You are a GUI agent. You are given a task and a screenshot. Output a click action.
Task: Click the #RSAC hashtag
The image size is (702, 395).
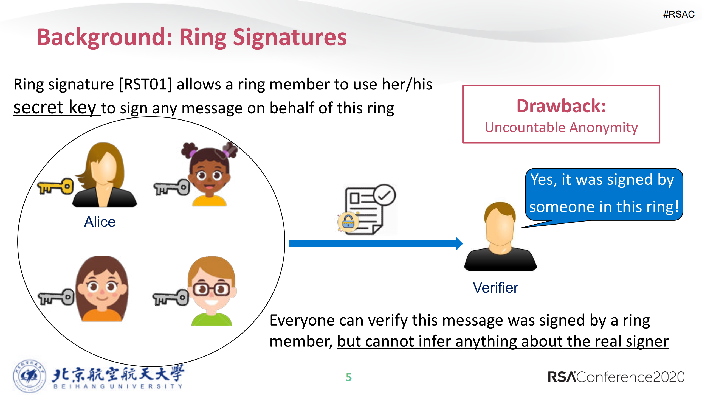click(678, 14)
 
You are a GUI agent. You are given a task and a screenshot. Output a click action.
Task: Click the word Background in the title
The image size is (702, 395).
click(104, 38)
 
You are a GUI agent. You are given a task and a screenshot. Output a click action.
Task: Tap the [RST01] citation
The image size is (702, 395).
click(145, 84)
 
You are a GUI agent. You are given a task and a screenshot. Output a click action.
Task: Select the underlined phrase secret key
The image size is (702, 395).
click(55, 107)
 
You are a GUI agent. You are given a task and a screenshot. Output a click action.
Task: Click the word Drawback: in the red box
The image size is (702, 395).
click(561, 106)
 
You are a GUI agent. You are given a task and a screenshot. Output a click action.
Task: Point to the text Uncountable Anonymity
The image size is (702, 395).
click(561, 128)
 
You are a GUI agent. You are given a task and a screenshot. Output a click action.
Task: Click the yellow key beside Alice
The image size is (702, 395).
click(56, 186)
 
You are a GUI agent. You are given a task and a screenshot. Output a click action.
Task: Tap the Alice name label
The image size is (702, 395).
click(100, 222)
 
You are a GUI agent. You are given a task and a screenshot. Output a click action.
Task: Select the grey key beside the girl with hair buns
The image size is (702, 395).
click(172, 187)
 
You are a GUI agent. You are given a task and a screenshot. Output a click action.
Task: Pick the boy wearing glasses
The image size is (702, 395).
click(211, 291)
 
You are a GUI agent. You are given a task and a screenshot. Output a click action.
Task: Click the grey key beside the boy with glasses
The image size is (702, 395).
click(171, 298)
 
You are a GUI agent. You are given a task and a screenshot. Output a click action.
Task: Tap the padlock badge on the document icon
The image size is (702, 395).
click(348, 222)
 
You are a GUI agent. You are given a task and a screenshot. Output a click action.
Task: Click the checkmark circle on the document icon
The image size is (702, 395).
click(384, 195)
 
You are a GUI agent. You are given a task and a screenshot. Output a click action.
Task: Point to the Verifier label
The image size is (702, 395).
click(495, 288)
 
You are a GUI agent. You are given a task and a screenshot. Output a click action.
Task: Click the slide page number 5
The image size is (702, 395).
click(349, 377)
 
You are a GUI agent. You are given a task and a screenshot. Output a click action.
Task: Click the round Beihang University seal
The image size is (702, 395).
click(29, 376)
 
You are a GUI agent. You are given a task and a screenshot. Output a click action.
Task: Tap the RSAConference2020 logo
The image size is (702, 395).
click(616, 377)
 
